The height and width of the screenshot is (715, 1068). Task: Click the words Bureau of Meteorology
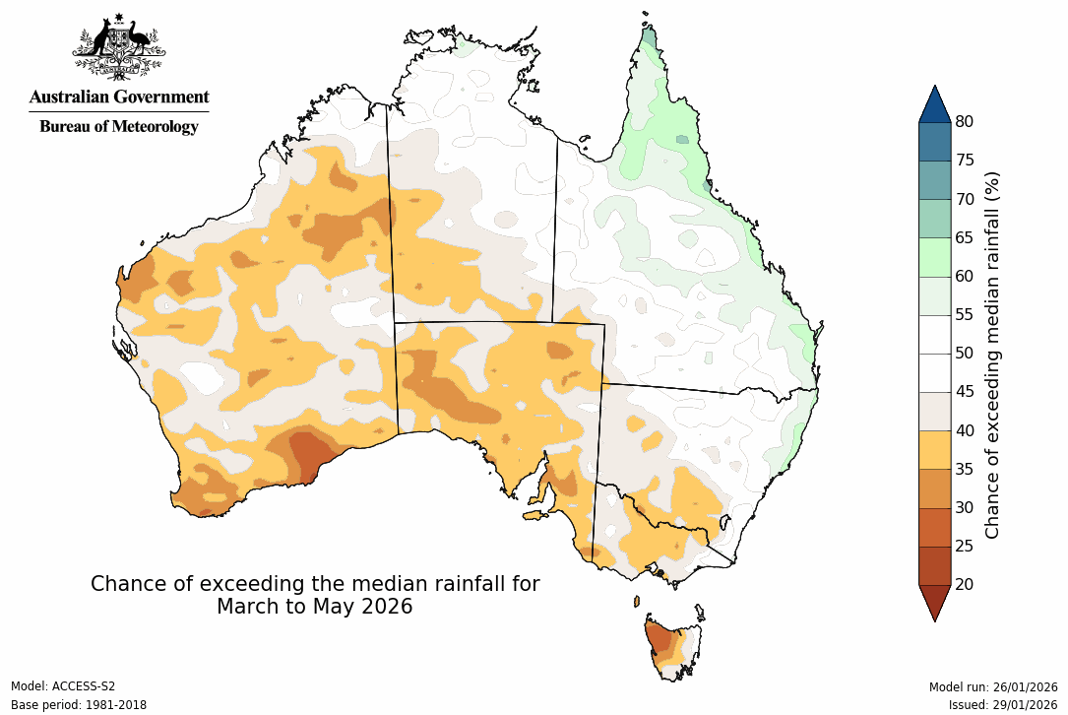click(x=119, y=126)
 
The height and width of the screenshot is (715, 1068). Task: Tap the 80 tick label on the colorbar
click(x=965, y=122)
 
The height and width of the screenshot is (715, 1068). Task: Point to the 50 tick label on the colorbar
click(x=965, y=353)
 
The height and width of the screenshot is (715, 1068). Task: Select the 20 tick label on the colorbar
click(x=965, y=584)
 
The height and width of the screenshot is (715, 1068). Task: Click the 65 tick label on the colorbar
click(x=965, y=237)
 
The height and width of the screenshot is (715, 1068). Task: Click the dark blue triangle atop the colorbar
click(x=934, y=104)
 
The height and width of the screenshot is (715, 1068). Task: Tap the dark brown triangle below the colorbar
click(x=934, y=602)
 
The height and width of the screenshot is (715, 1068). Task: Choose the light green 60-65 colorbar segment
click(x=934, y=257)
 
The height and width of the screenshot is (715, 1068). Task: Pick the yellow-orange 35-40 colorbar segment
click(x=934, y=449)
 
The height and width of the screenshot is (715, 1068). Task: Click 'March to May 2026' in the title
click(x=315, y=607)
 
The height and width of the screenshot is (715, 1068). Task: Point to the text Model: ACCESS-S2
click(x=63, y=686)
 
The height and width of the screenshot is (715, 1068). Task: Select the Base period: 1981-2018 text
click(x=78, y=705)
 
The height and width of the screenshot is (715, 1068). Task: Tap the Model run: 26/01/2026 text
click(x=993, y=686)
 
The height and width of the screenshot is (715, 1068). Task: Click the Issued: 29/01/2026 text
click(x=1003, y=705)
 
